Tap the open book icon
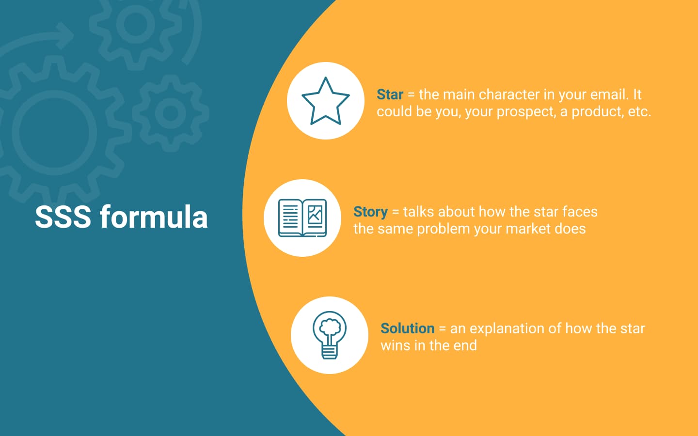click(302, 218)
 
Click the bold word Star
click(390, 94)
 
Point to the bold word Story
click(370, 213)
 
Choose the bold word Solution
click(407, 328)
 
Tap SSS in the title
click(63, 217)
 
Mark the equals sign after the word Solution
click(442, 329)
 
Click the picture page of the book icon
click(315, 218)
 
